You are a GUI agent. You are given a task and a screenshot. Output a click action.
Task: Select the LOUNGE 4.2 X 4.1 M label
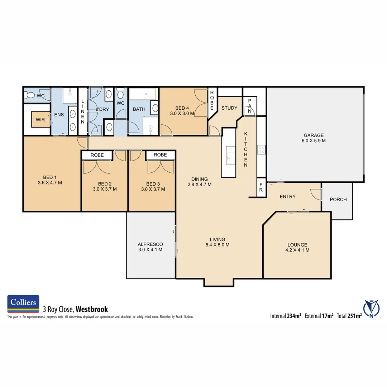tap(297, 247)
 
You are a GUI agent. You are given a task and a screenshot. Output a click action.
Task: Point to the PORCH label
tap(338, 200)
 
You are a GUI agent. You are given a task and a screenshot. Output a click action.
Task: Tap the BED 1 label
tap(50, 180)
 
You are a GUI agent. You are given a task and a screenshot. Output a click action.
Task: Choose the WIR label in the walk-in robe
tap(40, 120)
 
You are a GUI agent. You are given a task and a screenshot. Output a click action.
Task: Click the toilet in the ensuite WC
tap(30, 95)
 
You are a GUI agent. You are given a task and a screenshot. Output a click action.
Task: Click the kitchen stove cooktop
tap(261, 149)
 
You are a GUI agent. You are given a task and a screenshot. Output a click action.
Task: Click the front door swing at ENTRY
tap(315, 194)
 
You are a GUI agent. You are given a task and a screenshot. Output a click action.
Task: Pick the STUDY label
tap(229, 108)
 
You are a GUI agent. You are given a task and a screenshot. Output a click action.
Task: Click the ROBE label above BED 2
tap(97, 155)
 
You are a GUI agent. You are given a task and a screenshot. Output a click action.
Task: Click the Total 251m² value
tap(349, 316)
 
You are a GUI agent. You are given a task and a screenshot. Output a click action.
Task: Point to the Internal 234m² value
tap(286, 316)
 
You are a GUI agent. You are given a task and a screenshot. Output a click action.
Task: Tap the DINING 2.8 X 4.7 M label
tap(199, 182)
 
